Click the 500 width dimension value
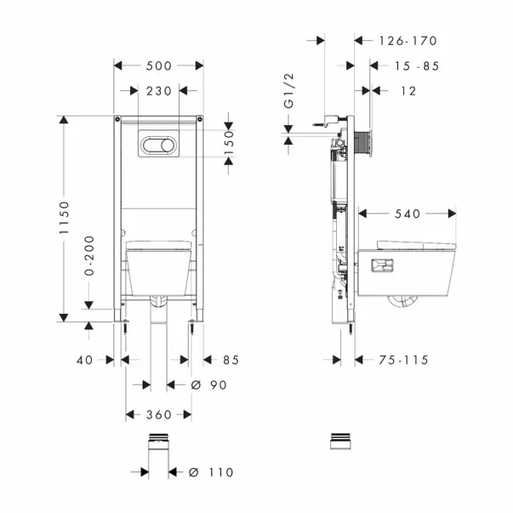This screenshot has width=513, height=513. tap(159, 66)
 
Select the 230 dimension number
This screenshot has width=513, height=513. tap(159, 91)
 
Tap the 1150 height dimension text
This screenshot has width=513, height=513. tap(65, 218)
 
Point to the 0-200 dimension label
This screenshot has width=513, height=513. tap(89, 255)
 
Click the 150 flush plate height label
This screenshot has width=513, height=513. tap(230, 143)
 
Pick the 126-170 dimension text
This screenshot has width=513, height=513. tap(408, 41)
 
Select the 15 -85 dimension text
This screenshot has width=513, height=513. tap(417, 66)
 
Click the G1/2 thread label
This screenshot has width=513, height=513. tap(289, 91)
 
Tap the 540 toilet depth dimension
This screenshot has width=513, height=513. tap(408, 214)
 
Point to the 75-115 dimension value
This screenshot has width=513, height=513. tap(403, 360)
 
